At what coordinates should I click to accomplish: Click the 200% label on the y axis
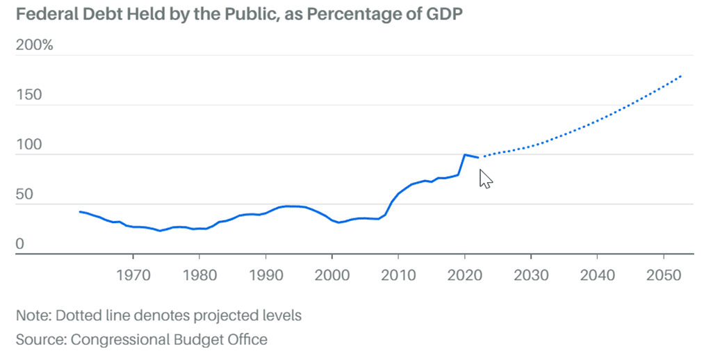click(34, 46)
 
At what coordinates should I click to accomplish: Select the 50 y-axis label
click(24, 195)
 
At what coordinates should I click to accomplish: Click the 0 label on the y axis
click(20, 245)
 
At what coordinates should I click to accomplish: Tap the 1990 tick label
click(265, 275)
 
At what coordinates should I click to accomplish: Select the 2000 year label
click(332, 275)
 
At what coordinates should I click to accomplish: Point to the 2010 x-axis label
click(398, 275)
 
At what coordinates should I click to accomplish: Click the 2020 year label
click(464, 275)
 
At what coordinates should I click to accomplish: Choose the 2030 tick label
click(531, 275)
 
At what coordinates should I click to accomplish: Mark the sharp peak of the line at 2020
click(464, 154)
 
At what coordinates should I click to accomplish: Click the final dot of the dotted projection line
click(680, 76)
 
